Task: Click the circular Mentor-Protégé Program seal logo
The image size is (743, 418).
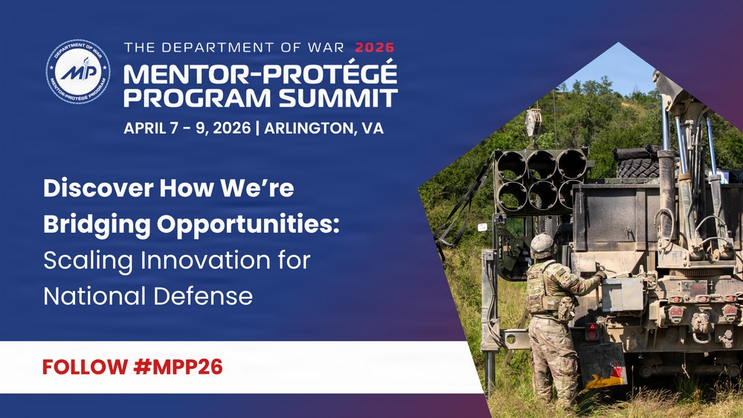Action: click(77, 71)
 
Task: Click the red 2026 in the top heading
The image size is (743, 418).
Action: click(375, 48)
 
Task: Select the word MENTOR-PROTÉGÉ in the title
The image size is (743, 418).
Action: click(260, 74)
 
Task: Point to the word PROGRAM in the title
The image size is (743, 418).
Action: click(191, 97)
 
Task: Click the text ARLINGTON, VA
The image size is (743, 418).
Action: click(324, 128)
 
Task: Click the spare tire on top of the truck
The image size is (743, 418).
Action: click(637, 164)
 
